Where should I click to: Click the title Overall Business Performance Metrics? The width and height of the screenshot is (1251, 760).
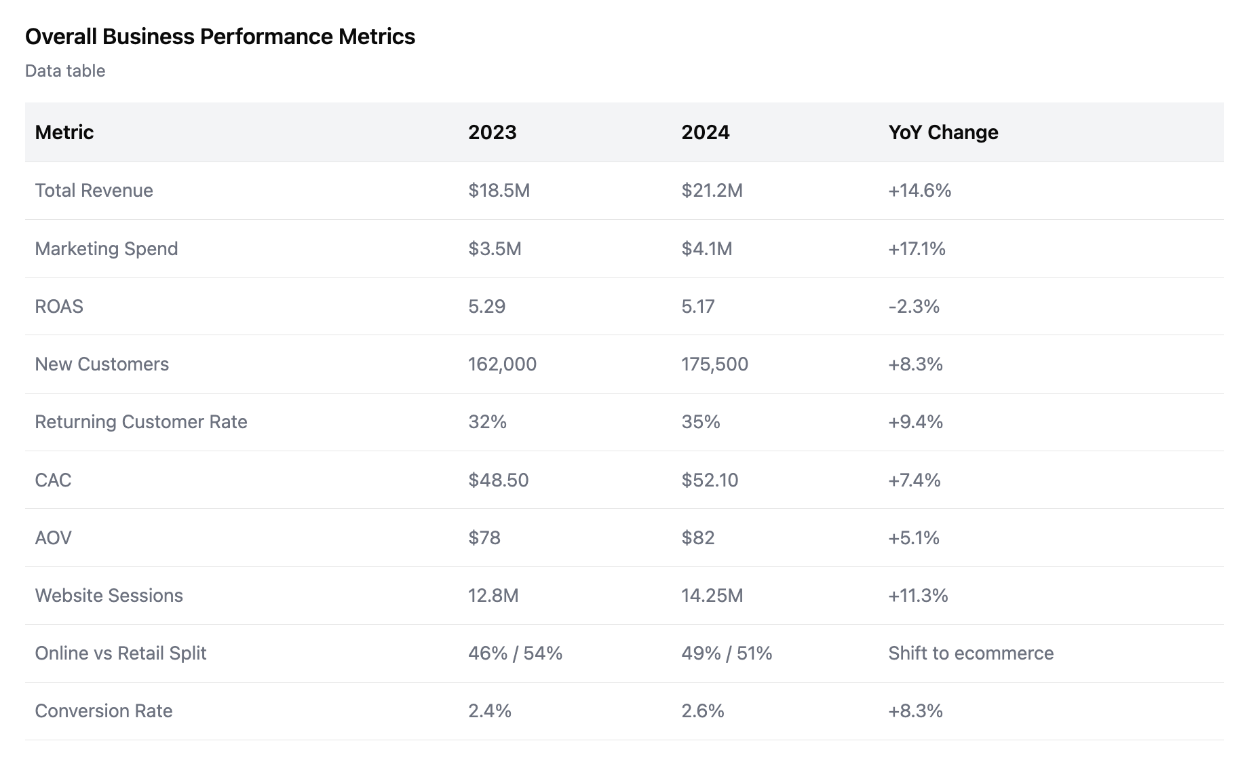pyautogui.click(x=220, y=37)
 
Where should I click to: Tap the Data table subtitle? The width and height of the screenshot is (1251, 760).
pyautogui.click(x=65, y=71)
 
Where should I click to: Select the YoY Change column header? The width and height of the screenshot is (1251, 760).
pyautogui.click(x=943, y=132)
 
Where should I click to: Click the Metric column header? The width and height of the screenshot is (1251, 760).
pyautogui.click(x=64, y=132)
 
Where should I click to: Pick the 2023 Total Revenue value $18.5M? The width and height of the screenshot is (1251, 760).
pyautogui.click(x=499, y=191)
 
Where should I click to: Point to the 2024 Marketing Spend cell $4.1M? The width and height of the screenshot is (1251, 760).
pyautogui.click(x=706, y=249)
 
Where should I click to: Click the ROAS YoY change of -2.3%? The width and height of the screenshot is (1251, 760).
pyautogui.click(x=913, y=307)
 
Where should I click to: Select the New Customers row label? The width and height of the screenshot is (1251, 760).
pyautogui.click(x=102, y=364)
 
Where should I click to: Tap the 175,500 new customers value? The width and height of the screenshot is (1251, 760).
pyautogui.click(x=714, y=364)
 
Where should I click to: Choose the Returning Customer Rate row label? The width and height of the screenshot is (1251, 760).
pyautogui.click(x=141, y=422)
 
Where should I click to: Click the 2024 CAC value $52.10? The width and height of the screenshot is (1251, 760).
pyautogui.click(x=710, y=480)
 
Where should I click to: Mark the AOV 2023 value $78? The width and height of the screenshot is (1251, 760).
pyautogui.click(x=484, y=538)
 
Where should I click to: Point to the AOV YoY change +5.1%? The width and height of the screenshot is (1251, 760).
pyautogui.click(x=913, y=538)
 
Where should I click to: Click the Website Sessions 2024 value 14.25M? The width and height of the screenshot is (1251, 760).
pyautogui.click(x=712, y=596)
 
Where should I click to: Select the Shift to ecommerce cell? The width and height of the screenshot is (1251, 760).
pyautogui.click(x=970, y=653)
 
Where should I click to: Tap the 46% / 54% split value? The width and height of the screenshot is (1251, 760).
pyautogui.click(x=515, y=653)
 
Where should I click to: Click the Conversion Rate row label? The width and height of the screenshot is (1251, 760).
pyautogui.click(x=104, y=711)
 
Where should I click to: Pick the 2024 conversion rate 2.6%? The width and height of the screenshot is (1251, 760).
pyautogui.click(x=703, y=711)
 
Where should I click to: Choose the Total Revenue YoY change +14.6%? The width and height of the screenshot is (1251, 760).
pyautogui.click(x=919, y=191)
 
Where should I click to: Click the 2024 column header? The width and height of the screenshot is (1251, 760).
pyautogui.click(x=705, y=132)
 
